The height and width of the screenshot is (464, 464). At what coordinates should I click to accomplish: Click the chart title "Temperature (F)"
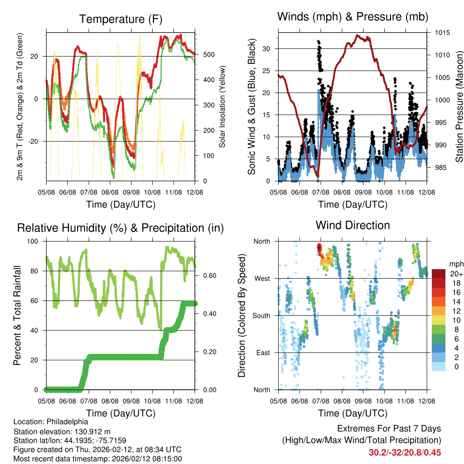[x=121, y=19]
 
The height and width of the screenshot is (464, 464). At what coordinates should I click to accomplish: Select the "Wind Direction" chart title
[x=353, y=225]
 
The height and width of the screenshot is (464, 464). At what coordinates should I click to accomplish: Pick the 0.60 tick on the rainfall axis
[x=207, y=275]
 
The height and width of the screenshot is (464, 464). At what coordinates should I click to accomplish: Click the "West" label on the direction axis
[x=261, y=278]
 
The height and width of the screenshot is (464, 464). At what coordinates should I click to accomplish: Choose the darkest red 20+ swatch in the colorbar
[x=438, y=274]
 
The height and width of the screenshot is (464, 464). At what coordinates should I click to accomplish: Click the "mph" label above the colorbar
[x=455, y=264]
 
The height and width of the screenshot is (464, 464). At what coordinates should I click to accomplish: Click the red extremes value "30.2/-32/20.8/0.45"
[x=405, y=452]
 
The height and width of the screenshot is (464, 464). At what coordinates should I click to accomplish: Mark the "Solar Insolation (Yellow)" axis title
[x=222, y=106]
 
